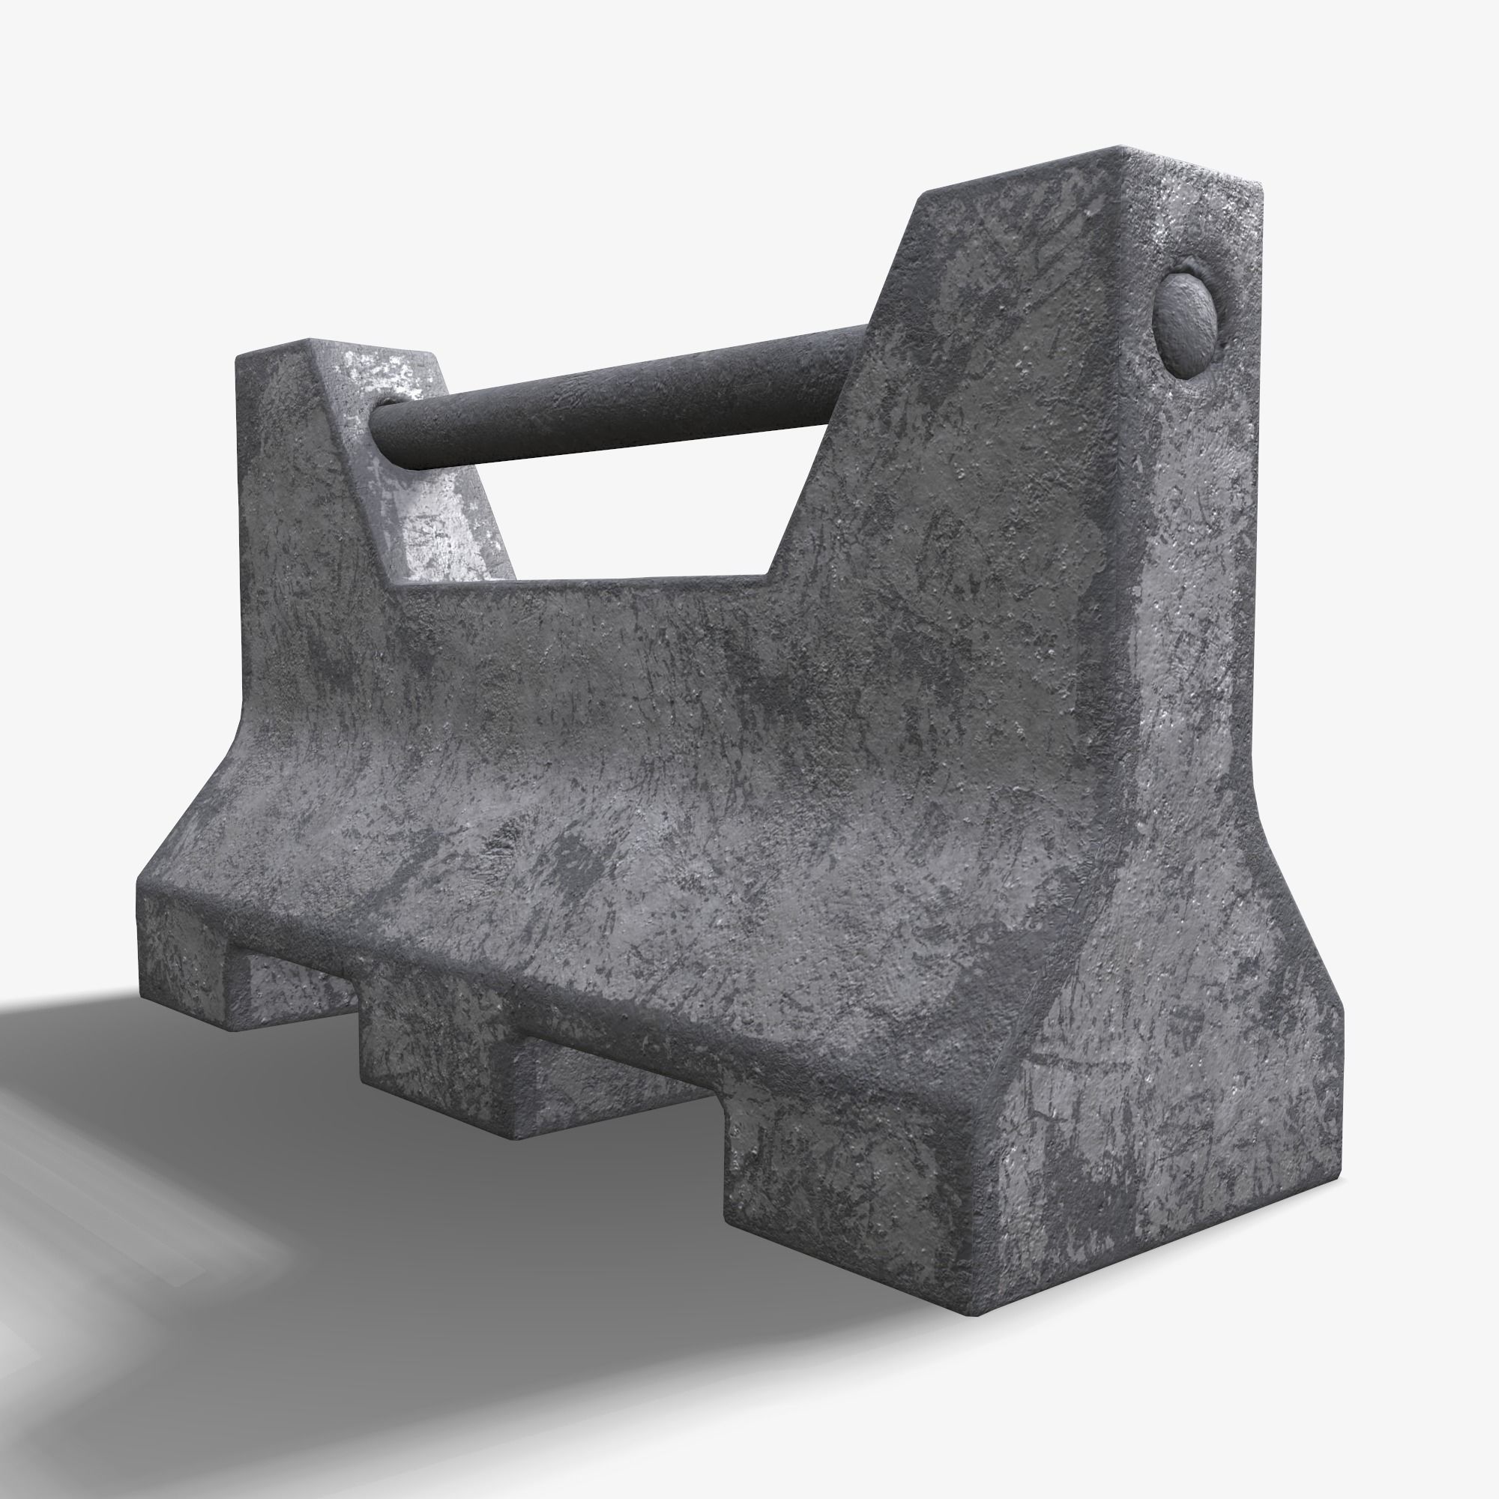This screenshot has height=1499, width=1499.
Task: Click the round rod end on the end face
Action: point(1187,325)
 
